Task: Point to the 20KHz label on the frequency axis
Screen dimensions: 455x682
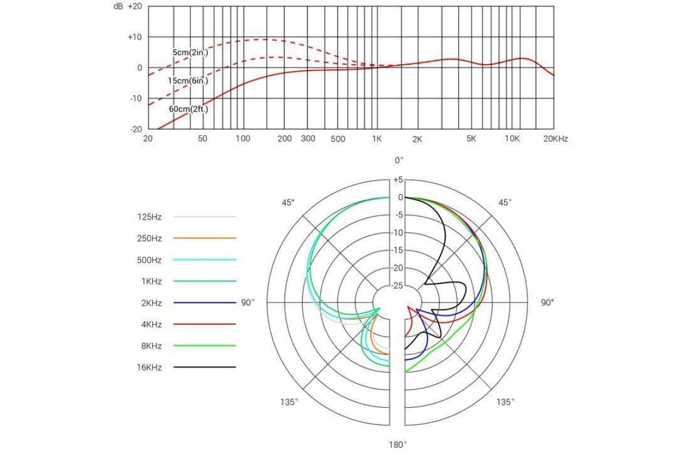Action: tap(555, 139)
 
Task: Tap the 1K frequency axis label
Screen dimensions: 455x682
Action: tap(376, 139)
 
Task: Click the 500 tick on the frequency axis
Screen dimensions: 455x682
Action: tap(338, 139)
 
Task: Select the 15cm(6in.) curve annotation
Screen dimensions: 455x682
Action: tap(188, 81)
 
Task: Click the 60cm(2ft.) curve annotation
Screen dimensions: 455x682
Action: tap(188, 108)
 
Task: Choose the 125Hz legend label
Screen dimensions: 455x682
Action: tap(149, 217)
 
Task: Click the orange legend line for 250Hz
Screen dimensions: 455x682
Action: tap(205, 238)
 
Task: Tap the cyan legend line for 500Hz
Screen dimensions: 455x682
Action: tap(205, 260)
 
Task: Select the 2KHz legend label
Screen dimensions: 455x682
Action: tap(151, 303)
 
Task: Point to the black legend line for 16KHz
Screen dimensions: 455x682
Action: tap(205, 367)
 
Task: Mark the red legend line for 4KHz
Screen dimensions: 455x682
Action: tap(205, 324)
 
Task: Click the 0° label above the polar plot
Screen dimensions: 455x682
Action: tap(398, 161)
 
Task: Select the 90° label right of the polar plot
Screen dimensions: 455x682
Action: tap(547, 303)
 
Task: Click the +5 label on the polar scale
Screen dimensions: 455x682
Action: tap(397, 180)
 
